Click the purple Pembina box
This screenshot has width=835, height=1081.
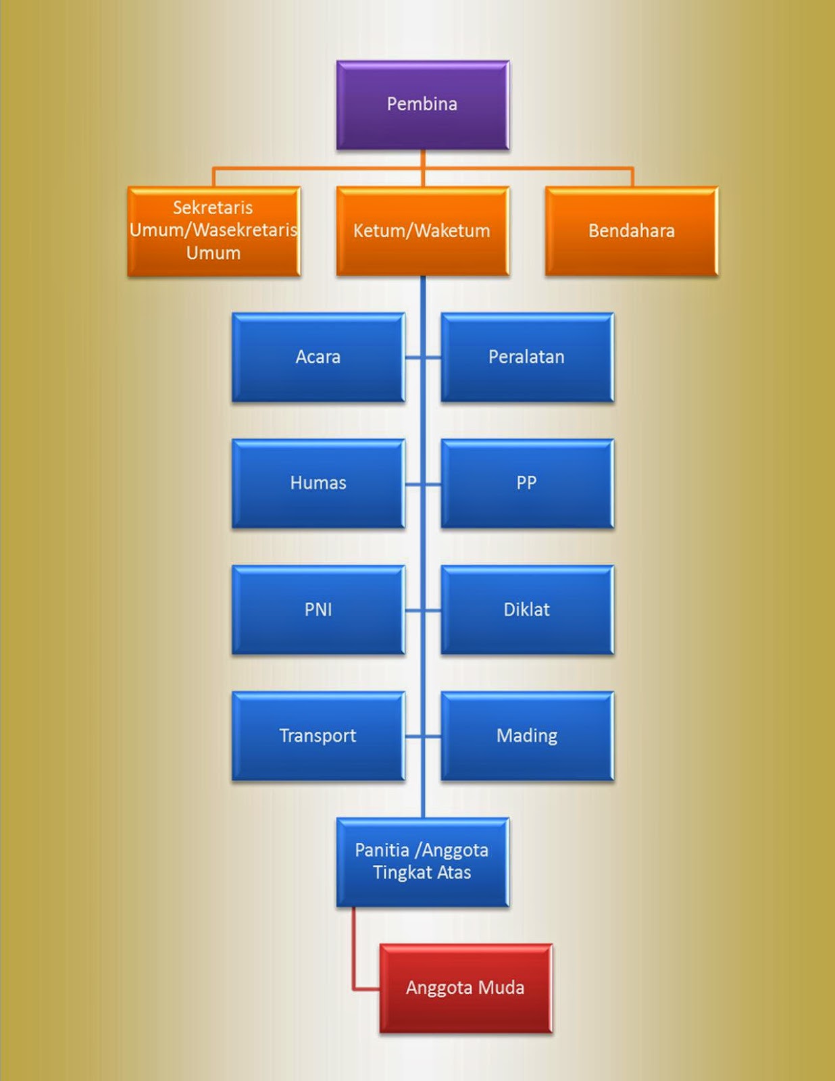422,105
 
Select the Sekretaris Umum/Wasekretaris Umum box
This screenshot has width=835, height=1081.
213,230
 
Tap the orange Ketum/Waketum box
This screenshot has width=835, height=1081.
422,230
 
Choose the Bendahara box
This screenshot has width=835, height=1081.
631,230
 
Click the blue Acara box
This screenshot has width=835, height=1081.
318,357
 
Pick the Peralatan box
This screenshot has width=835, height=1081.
527,357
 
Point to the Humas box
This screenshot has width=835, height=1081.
318,483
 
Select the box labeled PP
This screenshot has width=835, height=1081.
527,483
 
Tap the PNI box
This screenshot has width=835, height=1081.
318,609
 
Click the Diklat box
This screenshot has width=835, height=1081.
527,609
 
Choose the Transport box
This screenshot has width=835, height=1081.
318,736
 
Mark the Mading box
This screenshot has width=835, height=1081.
527,736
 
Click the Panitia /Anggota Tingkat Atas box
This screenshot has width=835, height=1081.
422,861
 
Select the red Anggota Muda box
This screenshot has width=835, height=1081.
465,988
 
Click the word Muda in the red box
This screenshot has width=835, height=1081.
501,988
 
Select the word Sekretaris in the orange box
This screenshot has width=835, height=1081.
213,207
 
